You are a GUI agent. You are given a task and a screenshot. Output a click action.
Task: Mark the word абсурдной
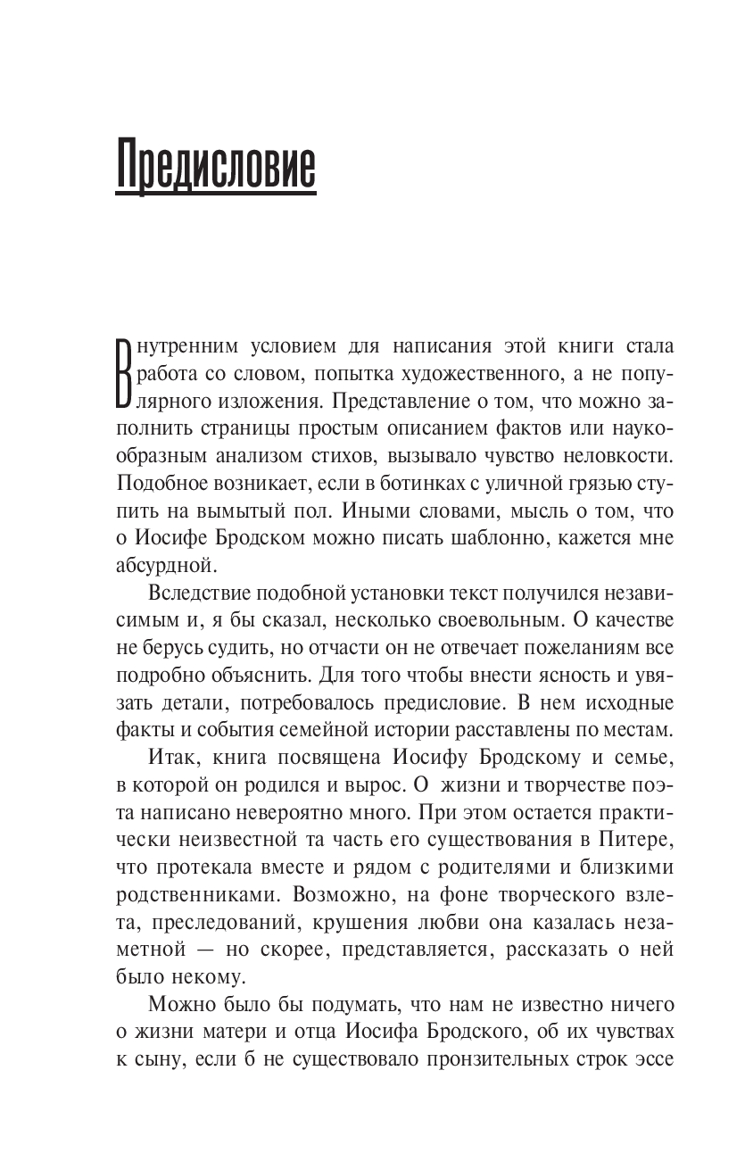(166, 565)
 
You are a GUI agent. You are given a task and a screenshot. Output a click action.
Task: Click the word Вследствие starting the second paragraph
(196, 593)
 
